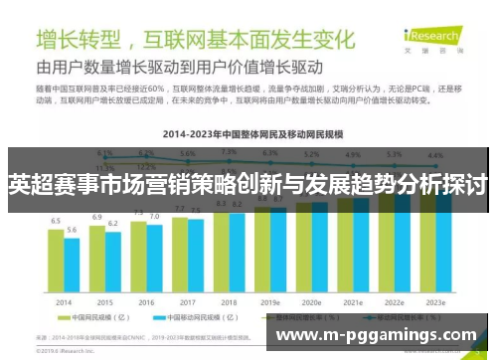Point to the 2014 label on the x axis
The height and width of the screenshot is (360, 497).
(x=64, y=302)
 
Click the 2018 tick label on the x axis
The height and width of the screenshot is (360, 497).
(x=229, y=302)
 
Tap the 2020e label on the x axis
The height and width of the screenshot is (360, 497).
(x=311, y=302)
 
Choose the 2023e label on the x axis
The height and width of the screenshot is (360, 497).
(x=433, y=302)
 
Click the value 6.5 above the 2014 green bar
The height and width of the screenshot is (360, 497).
(x=56, y=221)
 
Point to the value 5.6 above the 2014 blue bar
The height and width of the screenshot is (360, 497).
(x=73, y=230)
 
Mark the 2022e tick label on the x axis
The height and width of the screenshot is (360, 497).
(x=394, y=302)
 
